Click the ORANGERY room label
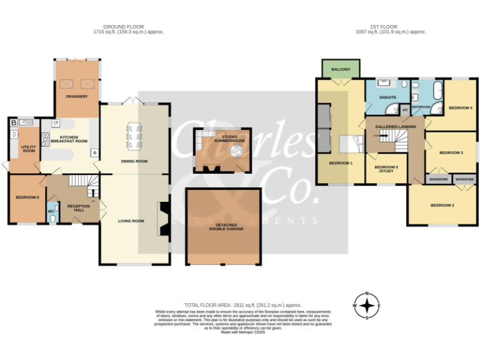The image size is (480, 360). pyautogui.click(x=77, y=96)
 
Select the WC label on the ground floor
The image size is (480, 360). pyautogui.click(x=51, y=211)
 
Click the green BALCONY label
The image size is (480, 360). pyautogui.click(x=341, y=69)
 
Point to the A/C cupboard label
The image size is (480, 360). pyautogui.click(x=404, y=109)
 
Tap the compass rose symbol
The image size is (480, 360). pyautogui.click(x=367, y=305)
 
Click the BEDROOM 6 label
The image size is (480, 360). pyautogui.click(x=27, y=197)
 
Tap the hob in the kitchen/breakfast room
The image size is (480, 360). pyautogui.click(x=46, y=138)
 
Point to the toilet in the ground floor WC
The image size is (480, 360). pyautogui.click(x=51, y=220)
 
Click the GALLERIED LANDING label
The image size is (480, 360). pyautogui.click(x=395, y=126)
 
